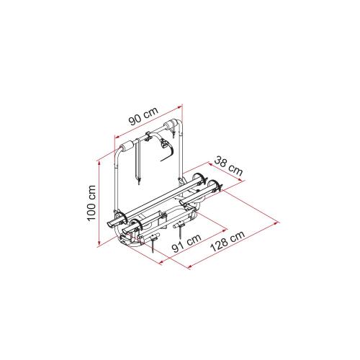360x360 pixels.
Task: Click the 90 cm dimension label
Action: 143,117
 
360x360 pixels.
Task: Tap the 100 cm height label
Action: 91,203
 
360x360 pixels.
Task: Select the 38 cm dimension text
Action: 228,166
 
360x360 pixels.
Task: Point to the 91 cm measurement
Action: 187,243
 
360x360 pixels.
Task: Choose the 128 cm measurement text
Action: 228,241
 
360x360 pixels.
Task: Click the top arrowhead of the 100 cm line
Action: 99,163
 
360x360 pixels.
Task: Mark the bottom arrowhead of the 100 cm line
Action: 99,244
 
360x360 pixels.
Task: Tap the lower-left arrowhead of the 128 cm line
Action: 190,266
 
